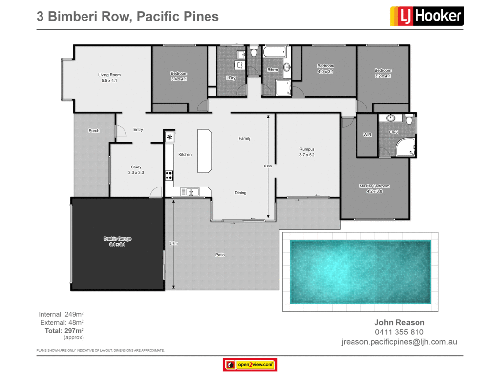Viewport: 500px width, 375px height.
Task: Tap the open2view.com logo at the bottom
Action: tap(250, 364)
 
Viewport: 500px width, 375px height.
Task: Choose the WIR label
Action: tap(367, 135)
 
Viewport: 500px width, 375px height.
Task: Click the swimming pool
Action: tap(360, 271)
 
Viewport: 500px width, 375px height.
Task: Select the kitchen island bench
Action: tap(205, 151)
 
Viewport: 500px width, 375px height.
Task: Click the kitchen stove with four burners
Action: tap(169, 175)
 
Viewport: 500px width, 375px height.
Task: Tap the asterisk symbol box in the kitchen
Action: tap(170, 137)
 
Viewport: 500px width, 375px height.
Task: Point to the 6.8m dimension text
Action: tap(268, 166)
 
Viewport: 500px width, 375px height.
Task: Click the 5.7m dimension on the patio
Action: tap(173, 243)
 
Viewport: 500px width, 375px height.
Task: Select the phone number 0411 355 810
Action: tap(399, 332)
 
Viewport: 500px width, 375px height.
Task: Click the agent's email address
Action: tap(399, 342)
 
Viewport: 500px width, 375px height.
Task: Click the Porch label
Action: tap(94, 130)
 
